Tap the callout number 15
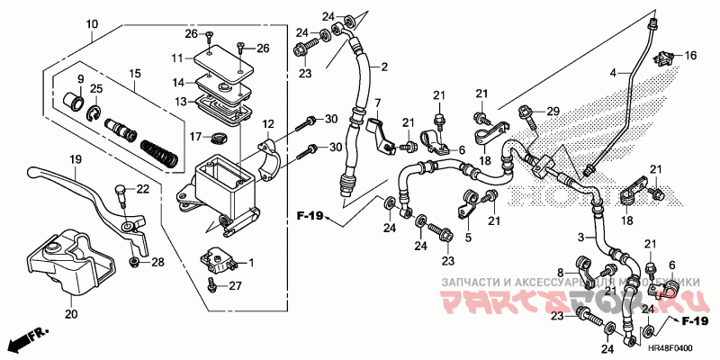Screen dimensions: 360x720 (135, 73)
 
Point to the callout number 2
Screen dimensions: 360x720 (382, 67)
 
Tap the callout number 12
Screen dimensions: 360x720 (267, 123)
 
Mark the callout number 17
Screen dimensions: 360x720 (194, 137)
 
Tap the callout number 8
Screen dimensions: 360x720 (559, 273)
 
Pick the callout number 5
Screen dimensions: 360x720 (468, 238)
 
